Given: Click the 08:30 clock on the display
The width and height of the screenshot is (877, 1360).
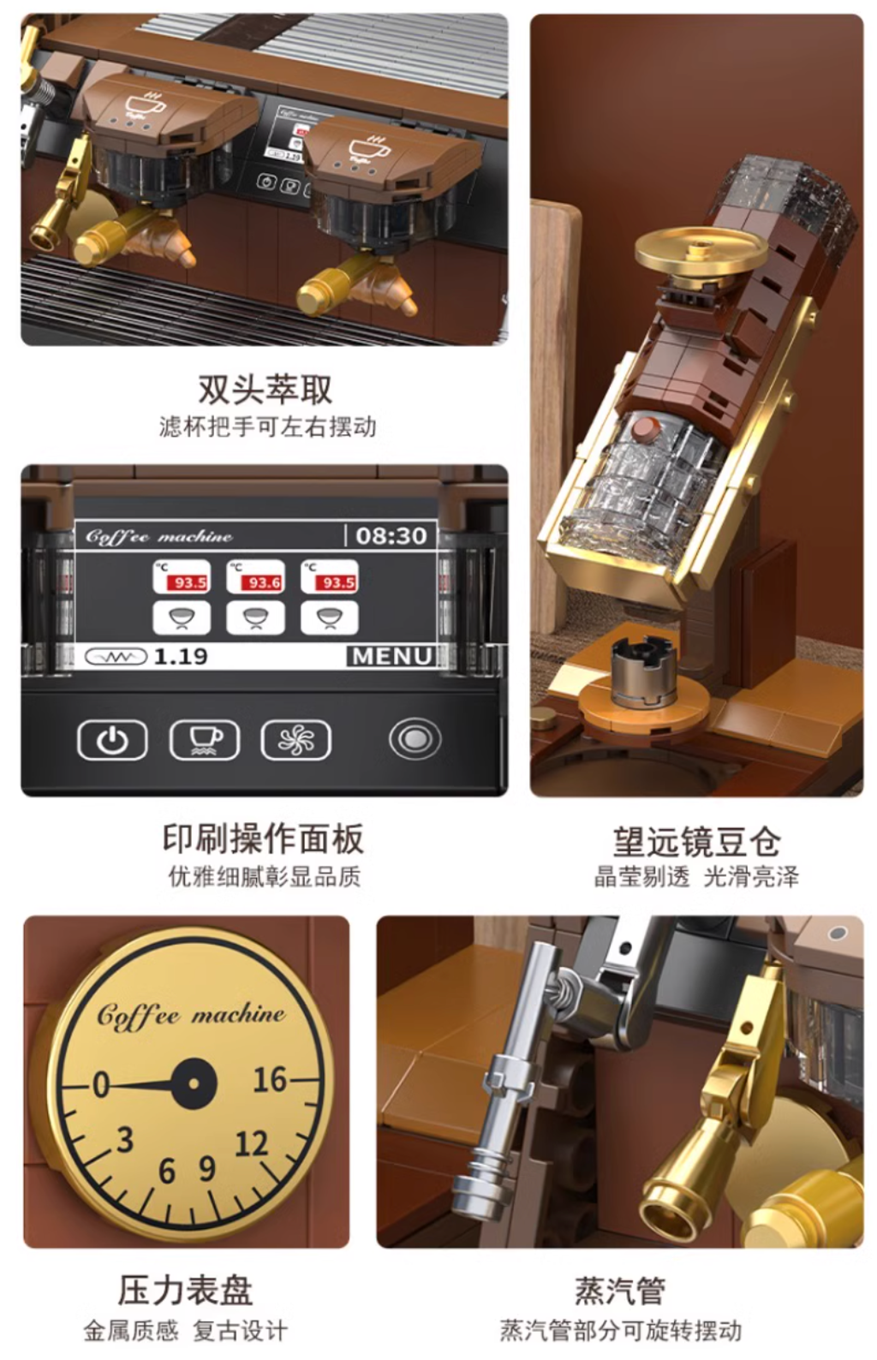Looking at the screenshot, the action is tap(391, 536).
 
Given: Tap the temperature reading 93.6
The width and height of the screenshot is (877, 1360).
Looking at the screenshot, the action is tap(264, 583).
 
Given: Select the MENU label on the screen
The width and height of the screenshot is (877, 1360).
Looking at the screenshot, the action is tap(392, 656).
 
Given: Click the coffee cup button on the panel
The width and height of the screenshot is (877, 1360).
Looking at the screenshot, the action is tap(205, 739).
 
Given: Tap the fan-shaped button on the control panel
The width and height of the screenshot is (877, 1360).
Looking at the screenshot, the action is tap(295, 739).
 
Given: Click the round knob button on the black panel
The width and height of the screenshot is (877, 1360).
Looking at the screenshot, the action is tap(415, 739).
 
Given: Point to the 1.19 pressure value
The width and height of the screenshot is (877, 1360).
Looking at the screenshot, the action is tap(181, 656).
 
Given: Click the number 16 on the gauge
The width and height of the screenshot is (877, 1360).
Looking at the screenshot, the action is tap(271, 1080).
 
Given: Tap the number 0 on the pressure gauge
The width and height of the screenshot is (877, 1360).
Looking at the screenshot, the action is tap(101, 1083).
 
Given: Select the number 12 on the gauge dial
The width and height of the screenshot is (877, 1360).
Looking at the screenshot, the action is tap(252, 1144).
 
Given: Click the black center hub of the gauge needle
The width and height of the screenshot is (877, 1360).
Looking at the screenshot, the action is tap(194, 1083).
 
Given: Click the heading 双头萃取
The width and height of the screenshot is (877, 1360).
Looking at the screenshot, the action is tap(265, 390).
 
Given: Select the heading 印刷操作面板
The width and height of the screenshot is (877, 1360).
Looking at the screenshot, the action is tap(263, 838).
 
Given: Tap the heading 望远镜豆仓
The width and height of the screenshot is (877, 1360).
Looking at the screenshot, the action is tap(696, 841).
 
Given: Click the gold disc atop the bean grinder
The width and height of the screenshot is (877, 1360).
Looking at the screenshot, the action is tap(701, 250).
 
